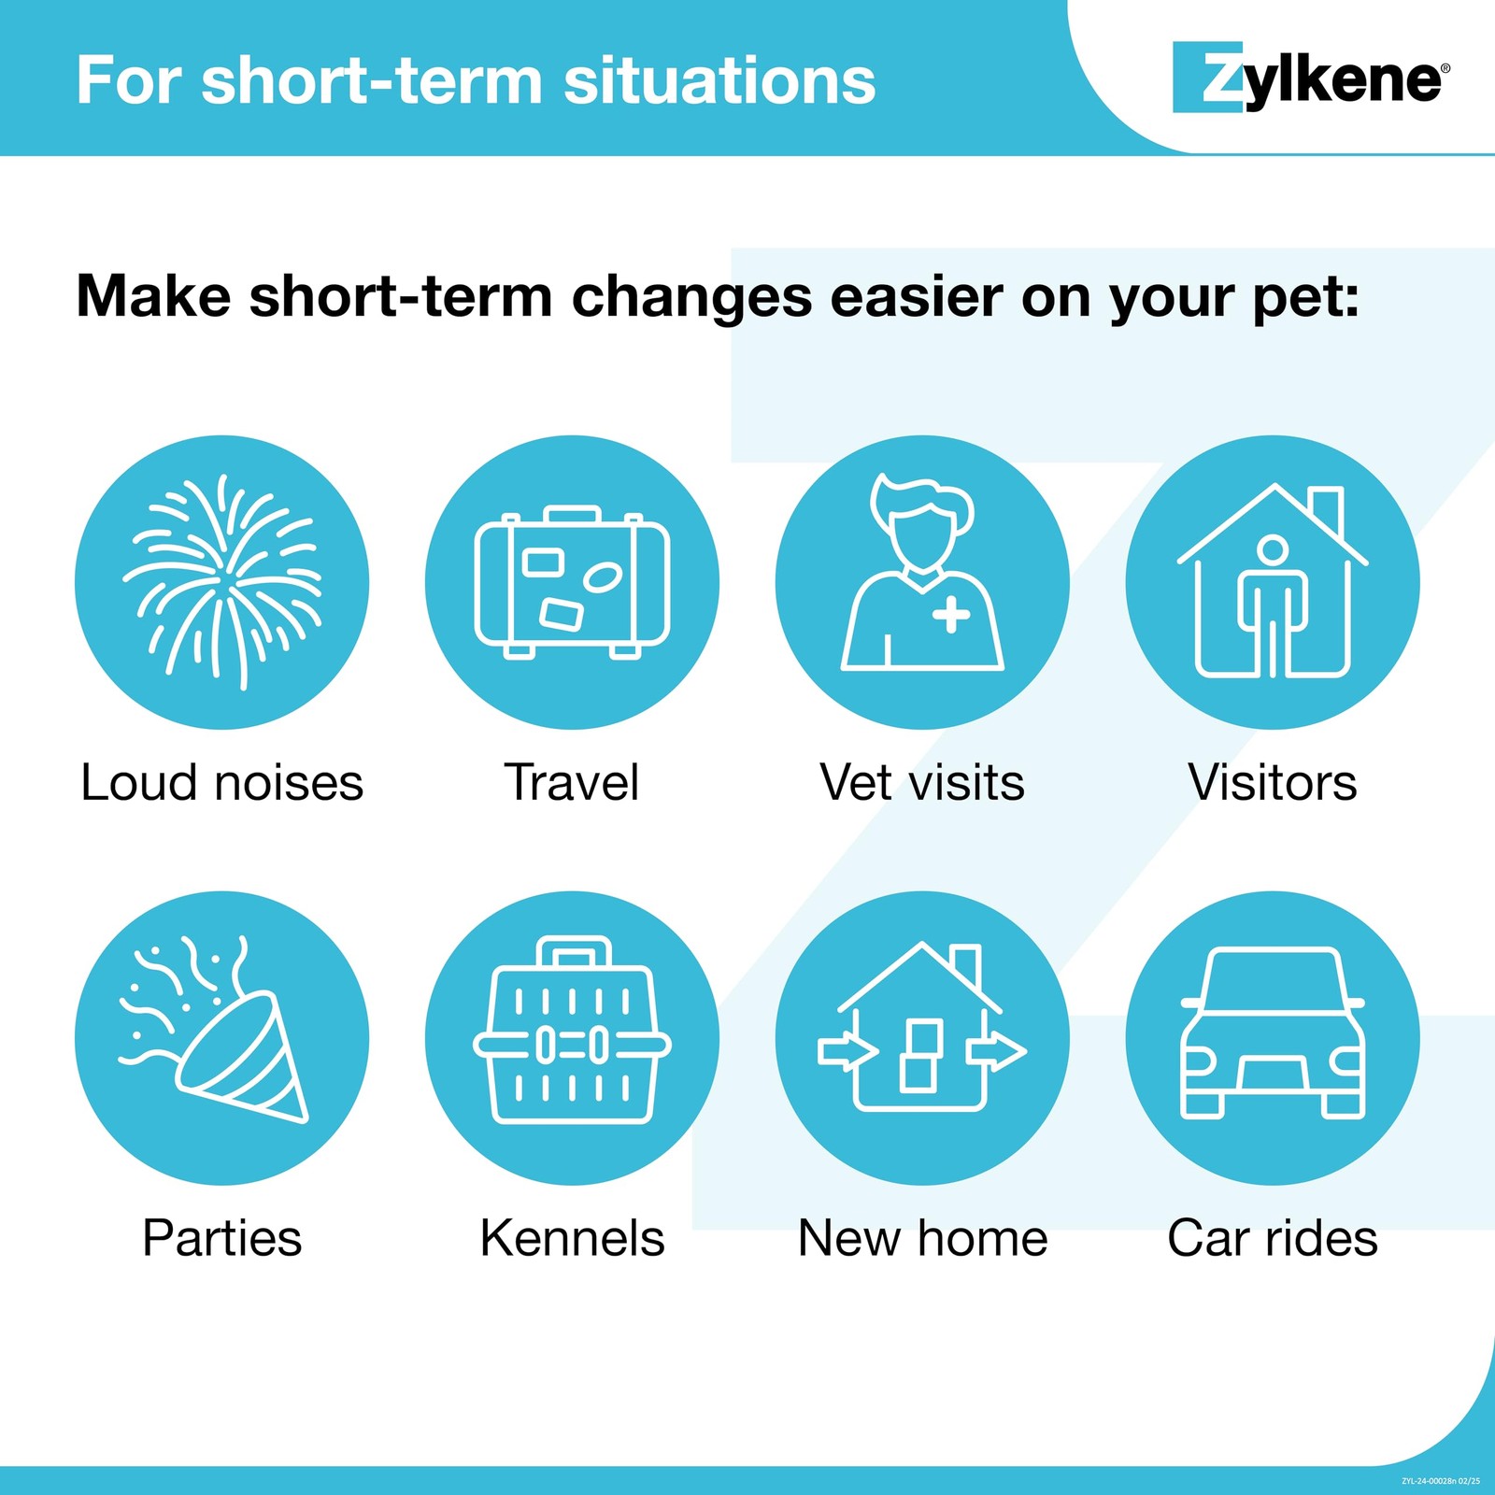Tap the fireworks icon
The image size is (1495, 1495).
coord(222,581)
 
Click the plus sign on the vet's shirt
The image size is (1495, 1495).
coord(951,614)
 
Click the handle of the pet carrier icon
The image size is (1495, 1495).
coord(574,952)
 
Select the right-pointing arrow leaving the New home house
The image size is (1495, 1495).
coord(998,1051)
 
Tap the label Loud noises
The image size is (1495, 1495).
coord(222,783)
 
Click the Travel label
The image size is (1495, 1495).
coord(572,783)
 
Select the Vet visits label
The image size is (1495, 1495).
coord(922,783)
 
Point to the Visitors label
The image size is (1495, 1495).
coord(1273,783)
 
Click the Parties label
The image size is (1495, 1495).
coord(222,1239)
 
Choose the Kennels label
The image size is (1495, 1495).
coord(572,1239)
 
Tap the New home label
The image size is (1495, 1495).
coord(922,1239)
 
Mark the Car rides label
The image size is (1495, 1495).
coord(1273,1239)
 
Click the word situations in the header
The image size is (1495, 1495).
coord(719,80)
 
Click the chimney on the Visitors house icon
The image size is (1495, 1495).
coord(1327,509)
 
